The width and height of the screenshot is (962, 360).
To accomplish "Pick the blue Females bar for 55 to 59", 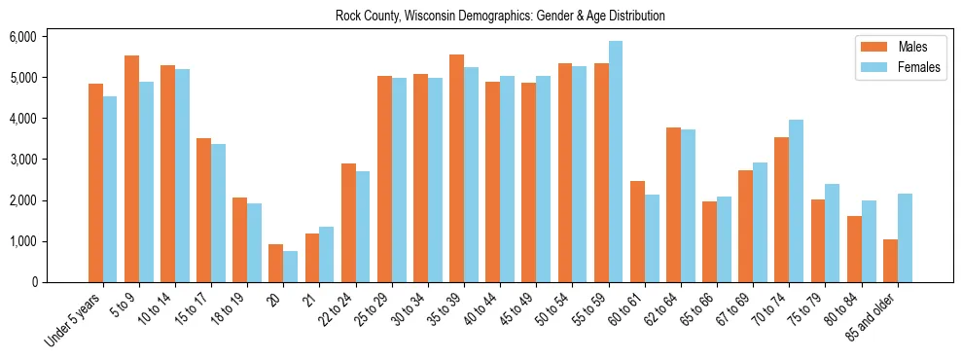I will pyautogui.click(x=616, y=162).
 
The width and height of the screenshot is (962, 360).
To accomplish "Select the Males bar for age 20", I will pyautogui.click(x=276, y=263).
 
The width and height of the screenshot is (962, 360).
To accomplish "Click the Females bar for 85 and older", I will pyautogui.click(x=905, y=237).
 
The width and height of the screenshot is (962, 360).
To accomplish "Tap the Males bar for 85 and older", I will pyautogui.click(x=890, y=261).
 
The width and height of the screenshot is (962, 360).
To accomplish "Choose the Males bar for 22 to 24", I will pyautogui.click(x=348, y=223).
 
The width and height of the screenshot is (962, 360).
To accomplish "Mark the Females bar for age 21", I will pyautogui.click(x=327, y=254).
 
